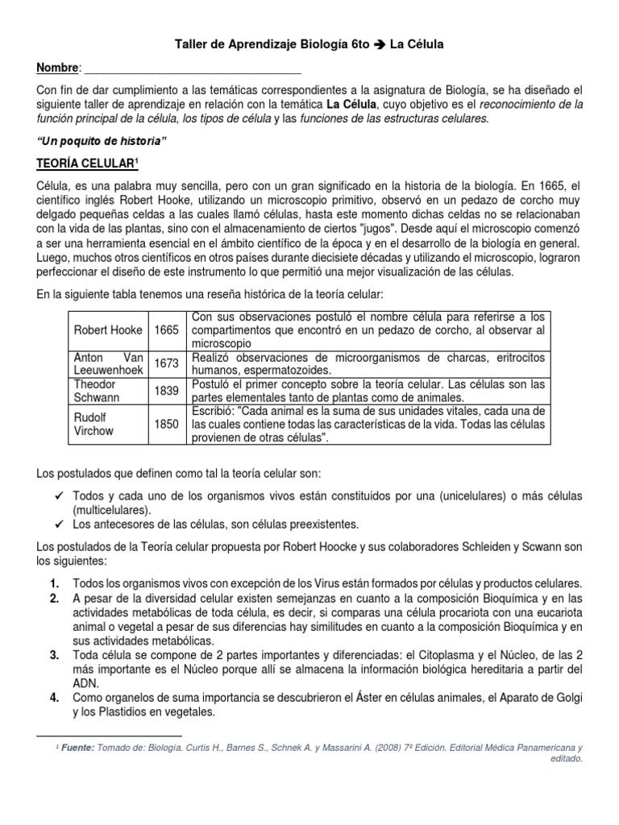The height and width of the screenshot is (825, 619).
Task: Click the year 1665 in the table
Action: (167, 330)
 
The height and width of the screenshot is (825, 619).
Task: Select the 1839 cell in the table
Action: (167, 391)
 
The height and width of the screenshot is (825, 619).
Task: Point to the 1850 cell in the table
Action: (167, 425)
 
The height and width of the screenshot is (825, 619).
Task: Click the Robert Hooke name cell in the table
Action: (109, 330)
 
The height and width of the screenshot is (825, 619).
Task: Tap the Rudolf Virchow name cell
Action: (109, 425)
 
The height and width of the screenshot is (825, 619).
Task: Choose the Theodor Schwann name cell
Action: (109, 391)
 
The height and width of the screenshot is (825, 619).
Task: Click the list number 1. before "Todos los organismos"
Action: (53, 582)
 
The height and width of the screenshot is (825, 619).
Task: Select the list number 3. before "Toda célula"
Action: (53, 655)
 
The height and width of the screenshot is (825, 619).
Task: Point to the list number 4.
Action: (53, 697)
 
